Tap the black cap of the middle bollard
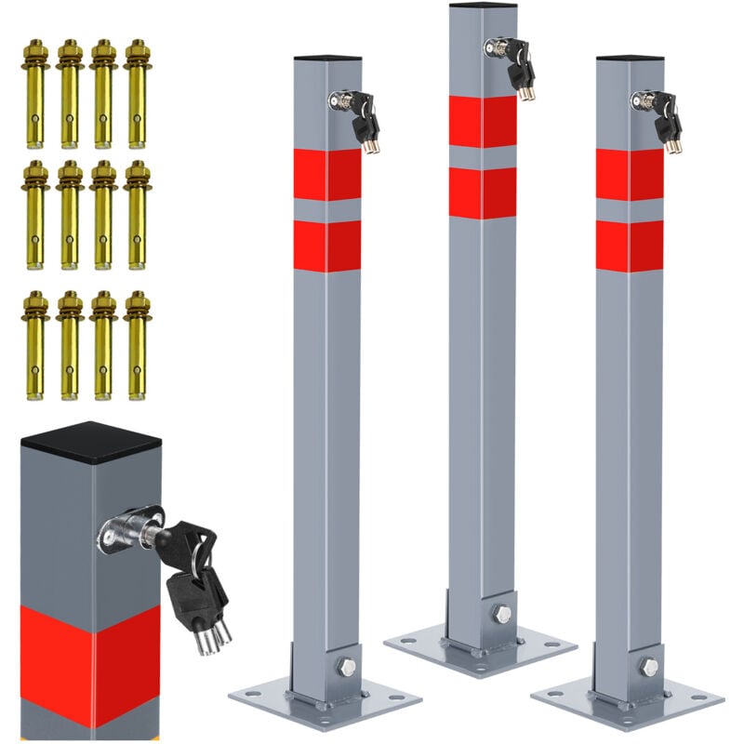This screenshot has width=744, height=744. point(483,6)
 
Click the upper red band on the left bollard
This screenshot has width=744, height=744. point(327,175)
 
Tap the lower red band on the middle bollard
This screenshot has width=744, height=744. point(483,193)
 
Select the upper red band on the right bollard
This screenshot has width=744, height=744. point(630,175)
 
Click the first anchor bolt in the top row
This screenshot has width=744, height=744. point(35,93)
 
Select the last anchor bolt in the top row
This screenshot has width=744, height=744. point(137,93)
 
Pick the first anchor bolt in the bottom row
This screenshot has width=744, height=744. point(35,344)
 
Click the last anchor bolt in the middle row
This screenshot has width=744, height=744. point(137,214)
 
